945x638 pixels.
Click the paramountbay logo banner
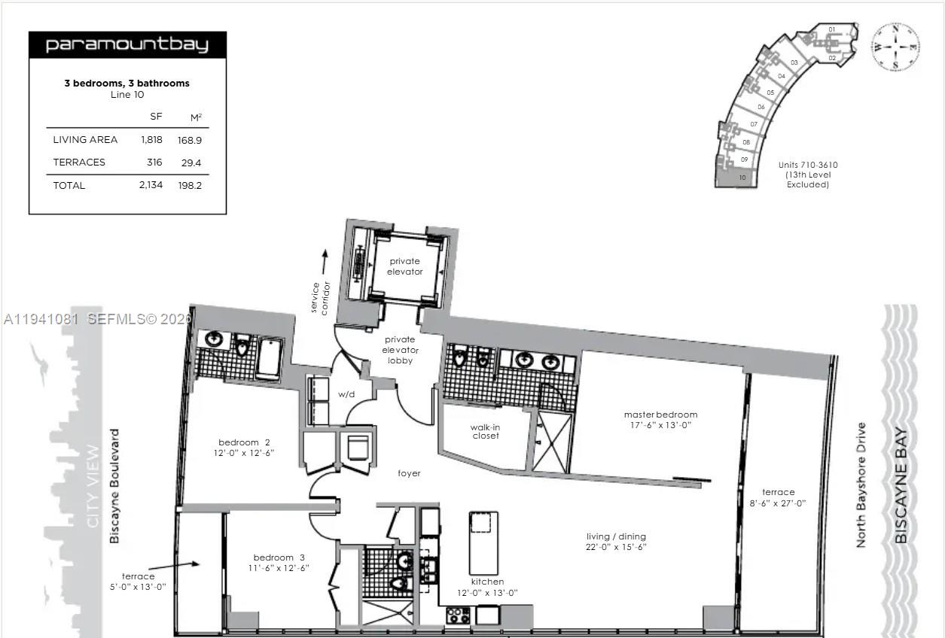[x=127, y=45]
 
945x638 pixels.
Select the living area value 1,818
[x=151, y=140]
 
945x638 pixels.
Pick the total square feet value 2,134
[x=151, y=185]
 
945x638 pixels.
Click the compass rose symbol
[x=895, y=47]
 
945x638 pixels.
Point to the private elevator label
[x=405, y=266]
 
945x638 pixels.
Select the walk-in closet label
[x=486, y=432]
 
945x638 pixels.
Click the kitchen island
[x=483, y=542]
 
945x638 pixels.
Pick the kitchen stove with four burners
[x=458, y=615]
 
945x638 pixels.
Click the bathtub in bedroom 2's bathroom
[x=269, y=359]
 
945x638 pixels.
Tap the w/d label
[x=346, y=394]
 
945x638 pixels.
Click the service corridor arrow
[x=325, y=263]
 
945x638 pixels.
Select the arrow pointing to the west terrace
[x=173, y=566]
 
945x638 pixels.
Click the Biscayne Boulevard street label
[x=114, y=486]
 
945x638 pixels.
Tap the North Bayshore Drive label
[x=861, y=485]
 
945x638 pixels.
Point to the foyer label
[x=409, y=473]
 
